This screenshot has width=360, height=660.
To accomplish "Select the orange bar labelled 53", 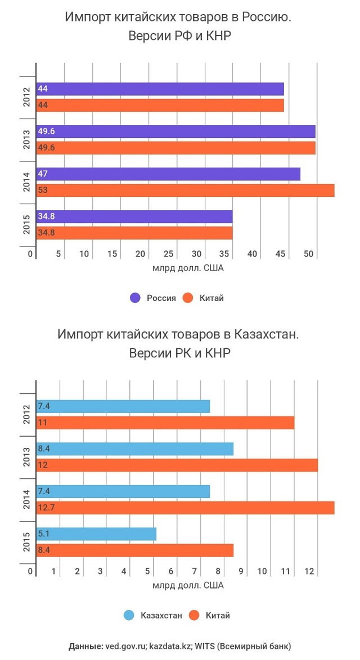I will pos(185,190).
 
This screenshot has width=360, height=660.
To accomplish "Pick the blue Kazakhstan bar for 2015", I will pos(96,534).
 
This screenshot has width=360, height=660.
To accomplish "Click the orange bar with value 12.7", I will pos(185,508).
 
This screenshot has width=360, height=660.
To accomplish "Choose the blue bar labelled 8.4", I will pos(134,449).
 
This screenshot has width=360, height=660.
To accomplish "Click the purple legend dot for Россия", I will pos(135,298).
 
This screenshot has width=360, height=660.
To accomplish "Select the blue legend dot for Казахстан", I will pos(129,616).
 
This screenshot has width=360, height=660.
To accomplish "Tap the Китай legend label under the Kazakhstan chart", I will pos(218,616).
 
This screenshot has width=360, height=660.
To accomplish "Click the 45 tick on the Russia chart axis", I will pos(280,254).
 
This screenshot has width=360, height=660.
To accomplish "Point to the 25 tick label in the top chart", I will pos(168,254).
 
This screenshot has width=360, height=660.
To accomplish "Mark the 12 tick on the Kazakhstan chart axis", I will pos(309,572).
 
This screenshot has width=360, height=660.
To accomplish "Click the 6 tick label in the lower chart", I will pos(171,572).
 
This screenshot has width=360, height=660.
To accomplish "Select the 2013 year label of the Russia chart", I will pos(26,140).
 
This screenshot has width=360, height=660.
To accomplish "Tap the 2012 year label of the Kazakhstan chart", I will pos(26,415).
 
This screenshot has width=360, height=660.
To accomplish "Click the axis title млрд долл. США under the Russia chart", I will pos(188,268).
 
